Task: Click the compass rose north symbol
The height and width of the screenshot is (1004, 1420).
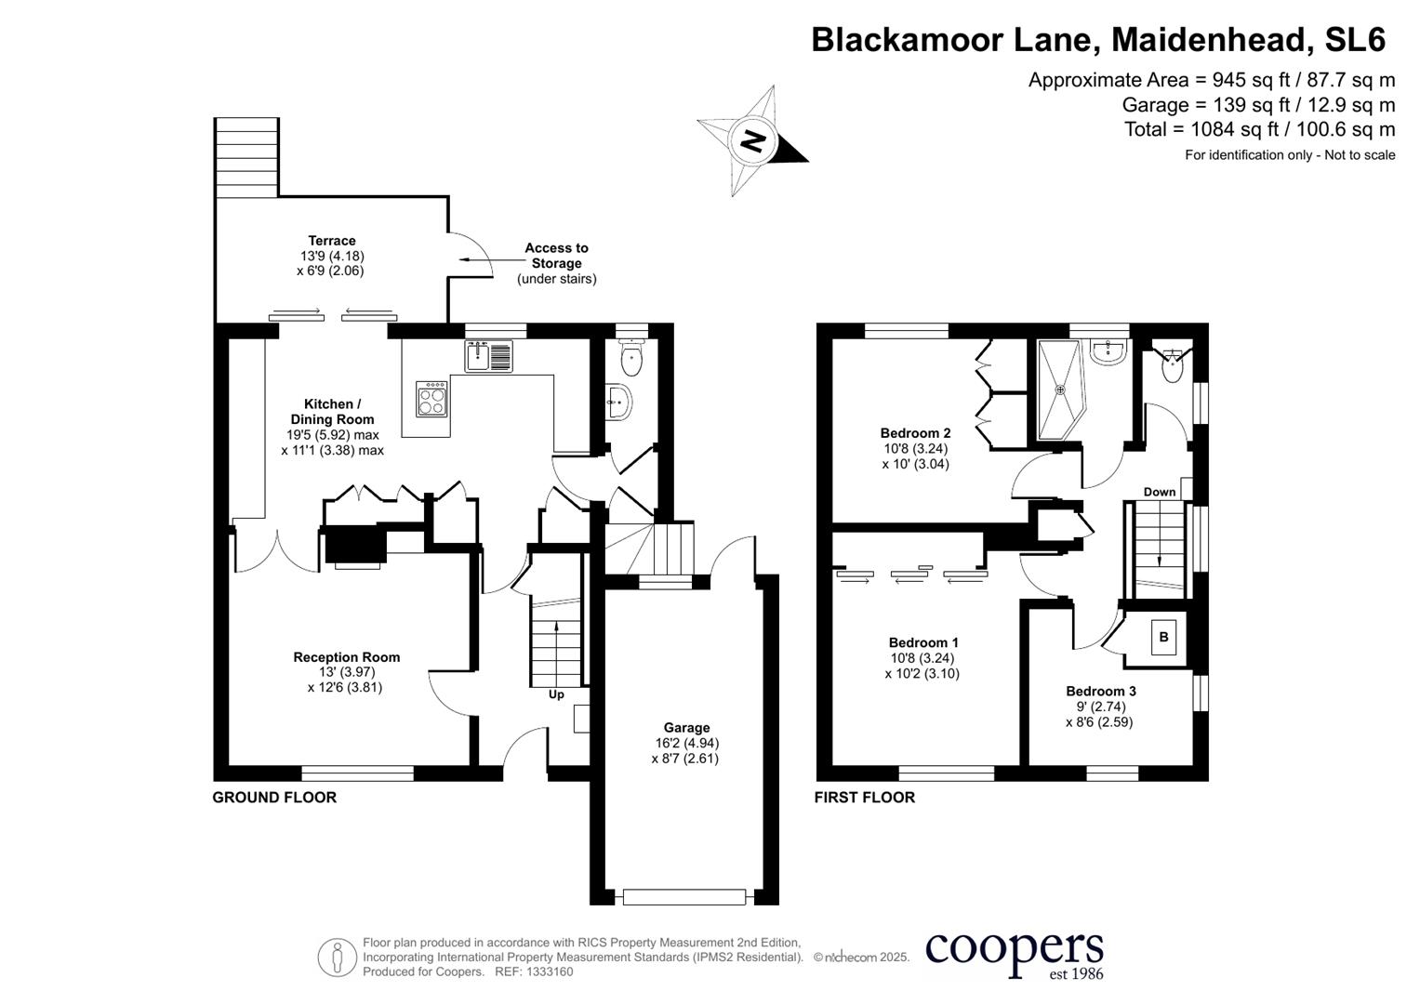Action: click(x=752, y=142)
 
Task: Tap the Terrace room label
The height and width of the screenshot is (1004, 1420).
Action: click(x=331, y=241)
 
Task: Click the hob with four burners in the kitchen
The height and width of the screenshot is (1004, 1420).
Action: click(x=432, y=399)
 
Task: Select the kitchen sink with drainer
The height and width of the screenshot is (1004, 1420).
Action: click(x=488, y=356)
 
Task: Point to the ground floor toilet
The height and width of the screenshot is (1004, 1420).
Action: click(x=632, y=361)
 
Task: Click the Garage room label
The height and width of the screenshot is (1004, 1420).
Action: click(x=686, y=728)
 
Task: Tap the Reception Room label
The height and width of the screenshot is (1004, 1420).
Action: click(x=346, y=657)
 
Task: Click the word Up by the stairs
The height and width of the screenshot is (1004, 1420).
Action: click(x=556, y=694)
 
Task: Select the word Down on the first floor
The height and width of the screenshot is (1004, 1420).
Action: click(x=1159, y=492)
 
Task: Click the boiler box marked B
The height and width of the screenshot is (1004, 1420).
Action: click(x=1163, y=638)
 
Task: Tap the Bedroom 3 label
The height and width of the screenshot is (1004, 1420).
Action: click(x=1100, y=691)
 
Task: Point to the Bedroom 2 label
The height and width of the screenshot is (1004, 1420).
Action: click(x=915, y=433)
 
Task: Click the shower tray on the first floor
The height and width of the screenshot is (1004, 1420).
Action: click(x=1059, y=390)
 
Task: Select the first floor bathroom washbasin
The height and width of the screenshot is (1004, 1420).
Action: click(x=1109, y=351)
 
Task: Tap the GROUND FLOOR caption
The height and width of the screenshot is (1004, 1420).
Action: click(x=274, y=798)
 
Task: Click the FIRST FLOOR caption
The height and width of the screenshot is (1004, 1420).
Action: click(x=864, y=798)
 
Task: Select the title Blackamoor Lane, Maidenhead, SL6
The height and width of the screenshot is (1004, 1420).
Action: click(x=1098, y=40)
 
